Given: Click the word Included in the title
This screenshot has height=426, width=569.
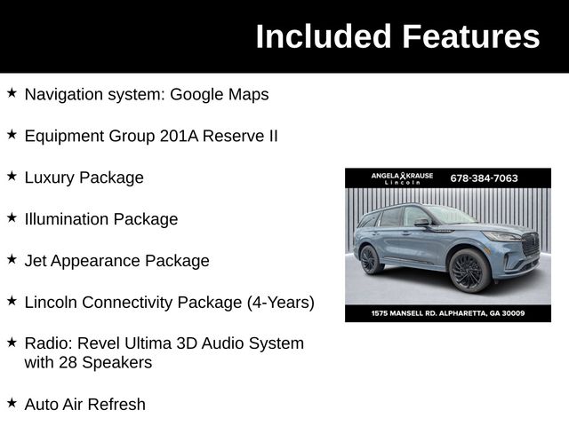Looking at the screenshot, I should tap(323, 37).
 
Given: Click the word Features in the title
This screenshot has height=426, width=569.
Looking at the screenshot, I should tap(470, 37).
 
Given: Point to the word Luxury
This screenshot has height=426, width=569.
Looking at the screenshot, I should tap(49, 177).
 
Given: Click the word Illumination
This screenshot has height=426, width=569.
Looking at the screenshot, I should tap(68, 219).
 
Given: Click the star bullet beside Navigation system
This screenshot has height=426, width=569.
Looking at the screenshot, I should tap(12, 92).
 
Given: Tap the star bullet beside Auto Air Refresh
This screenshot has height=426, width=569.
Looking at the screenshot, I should tap(12, 403).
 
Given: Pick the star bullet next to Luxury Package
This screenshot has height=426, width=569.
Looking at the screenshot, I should tap(12, 176).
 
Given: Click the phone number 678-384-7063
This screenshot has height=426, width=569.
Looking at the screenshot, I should tap(484, 178).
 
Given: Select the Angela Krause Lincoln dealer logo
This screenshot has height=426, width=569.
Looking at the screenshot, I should tap(402, 178).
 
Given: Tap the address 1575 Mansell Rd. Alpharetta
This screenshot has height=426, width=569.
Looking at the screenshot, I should tap(447, 313).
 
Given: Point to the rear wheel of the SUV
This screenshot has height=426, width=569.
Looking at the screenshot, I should tap(371, 259).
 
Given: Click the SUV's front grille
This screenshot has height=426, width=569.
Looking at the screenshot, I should tap(530, 244).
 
